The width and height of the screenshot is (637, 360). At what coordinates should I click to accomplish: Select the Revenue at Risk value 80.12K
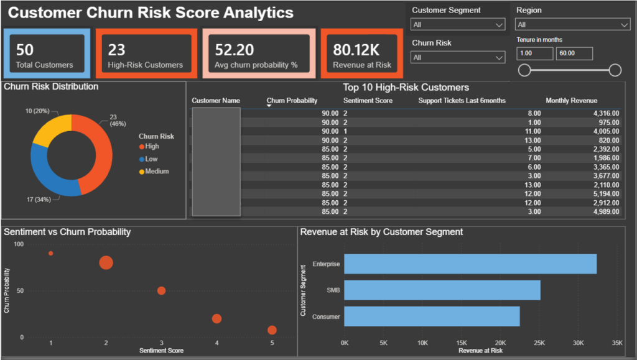(x=356, y=50)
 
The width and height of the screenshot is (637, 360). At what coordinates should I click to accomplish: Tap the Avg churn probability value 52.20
(x=235, y=50)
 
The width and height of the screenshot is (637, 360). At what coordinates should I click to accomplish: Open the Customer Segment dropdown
(x=458, y=24)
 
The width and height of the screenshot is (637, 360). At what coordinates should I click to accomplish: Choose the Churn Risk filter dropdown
(x=458, y=57)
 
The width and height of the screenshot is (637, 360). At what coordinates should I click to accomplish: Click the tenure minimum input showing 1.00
(x=535, y=53)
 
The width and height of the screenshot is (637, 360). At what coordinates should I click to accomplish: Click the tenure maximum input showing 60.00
(x=574, y=53)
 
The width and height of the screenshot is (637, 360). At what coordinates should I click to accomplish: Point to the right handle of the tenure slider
(x=615, y=70)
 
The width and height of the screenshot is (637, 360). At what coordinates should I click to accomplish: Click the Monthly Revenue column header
(x=571, y=101)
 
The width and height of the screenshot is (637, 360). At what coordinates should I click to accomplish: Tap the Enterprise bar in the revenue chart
(x=470, y=264)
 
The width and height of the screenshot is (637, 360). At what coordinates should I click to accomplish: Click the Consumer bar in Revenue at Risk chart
(x=432, y=316)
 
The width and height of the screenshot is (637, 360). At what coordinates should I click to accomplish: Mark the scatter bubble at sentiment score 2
(x=106, y=262)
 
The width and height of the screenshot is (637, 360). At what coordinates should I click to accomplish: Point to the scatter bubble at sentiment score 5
(x=272, y=330)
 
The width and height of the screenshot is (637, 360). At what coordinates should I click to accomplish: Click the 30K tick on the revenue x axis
(x=579, y=343)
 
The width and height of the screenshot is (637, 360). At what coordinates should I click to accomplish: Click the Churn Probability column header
(x=292, y=101)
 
